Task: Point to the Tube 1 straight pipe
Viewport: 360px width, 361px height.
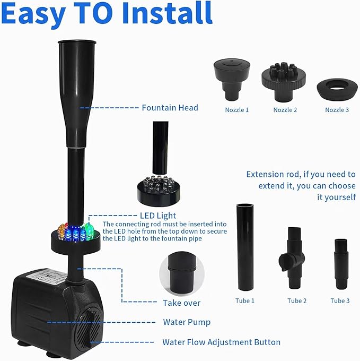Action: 245,247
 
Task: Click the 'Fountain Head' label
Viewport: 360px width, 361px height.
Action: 170,108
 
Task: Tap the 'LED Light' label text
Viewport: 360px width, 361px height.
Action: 158,216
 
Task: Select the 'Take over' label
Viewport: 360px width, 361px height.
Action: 181,303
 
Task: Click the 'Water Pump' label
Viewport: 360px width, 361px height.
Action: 187,322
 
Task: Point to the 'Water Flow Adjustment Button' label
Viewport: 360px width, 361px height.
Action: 221,342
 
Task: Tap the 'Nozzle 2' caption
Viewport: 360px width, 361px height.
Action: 285,110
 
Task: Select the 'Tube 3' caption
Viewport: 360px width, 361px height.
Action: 340,300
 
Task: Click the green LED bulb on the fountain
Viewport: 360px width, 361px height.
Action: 88,229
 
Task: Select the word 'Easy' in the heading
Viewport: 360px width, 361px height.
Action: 36,15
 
